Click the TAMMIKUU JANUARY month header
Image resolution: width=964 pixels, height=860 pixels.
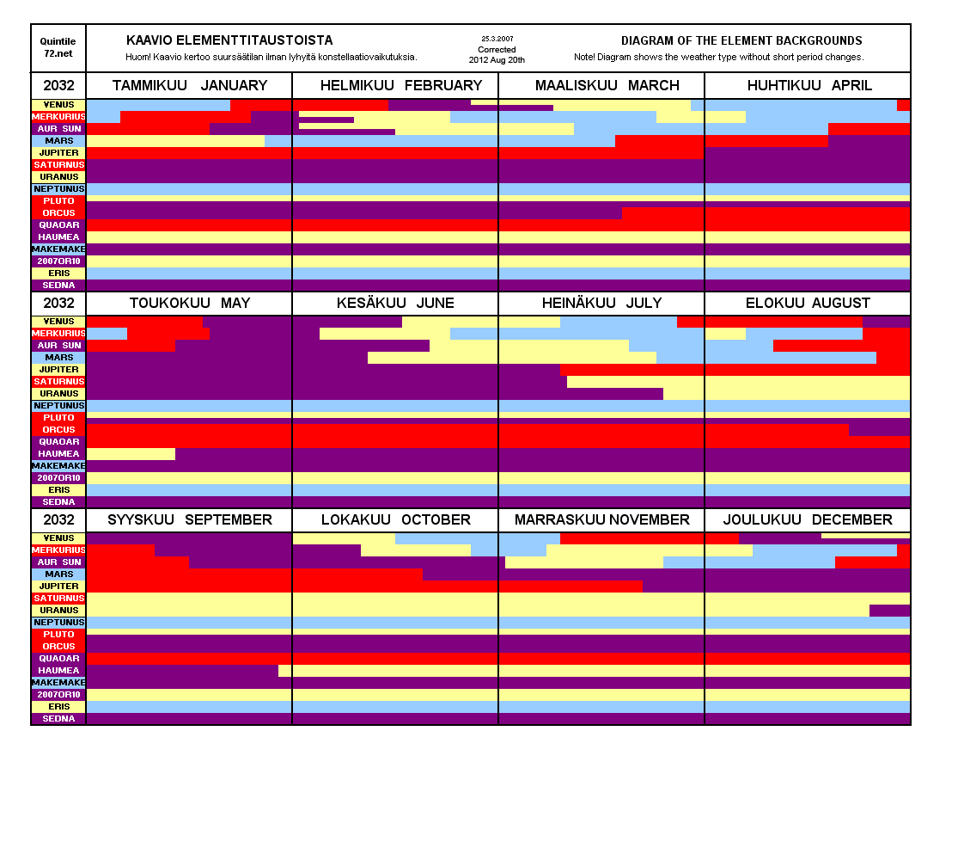coord(189,86)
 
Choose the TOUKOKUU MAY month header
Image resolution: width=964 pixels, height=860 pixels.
coord(189,303)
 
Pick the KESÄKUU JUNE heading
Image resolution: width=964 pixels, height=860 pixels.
coord(395,303)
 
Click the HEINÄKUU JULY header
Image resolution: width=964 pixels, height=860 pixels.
coord(601,303)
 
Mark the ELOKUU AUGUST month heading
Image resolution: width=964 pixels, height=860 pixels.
coord(808,303)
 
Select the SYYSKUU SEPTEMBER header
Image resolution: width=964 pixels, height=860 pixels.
coord(189,519)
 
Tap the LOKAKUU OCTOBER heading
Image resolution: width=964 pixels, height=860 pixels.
coord(395,519)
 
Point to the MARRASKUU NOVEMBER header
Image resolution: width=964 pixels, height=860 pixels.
coord(601,519)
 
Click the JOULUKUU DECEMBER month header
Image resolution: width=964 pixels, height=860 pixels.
coord(808,519)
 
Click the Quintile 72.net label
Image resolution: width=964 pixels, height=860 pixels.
coord(58,47)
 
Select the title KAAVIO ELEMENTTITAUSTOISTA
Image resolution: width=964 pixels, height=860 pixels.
coord(229,40)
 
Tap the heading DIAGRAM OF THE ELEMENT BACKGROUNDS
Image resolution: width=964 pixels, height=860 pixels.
coord(741,40)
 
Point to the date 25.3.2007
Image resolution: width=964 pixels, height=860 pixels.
coord(497,39)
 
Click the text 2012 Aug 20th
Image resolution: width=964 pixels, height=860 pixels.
coord(497,60)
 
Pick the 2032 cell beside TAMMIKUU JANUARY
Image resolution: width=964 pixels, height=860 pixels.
coord(58,86)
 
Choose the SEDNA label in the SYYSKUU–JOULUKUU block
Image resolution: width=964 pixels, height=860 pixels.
coord(58,719)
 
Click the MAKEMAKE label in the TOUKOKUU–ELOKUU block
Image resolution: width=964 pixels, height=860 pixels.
coord(58,466)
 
